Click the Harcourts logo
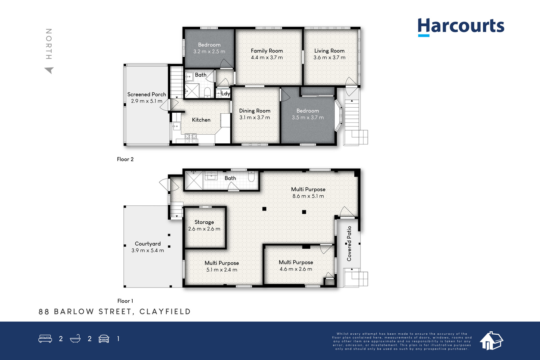pos(461,27)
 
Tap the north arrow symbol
pos(50,70)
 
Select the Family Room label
pos(267,51)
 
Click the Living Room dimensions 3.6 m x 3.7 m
pos(329,58)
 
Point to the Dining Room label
pos(254,111)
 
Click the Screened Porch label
pos(146,94)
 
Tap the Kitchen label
pos(201,120)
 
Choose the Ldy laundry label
pos(226,93)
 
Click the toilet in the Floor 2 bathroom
pos(207,92)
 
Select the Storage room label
pos(204,222)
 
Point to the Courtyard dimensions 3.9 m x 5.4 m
pos(147,250)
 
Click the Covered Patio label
pos(349,244)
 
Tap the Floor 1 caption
pos(125,301)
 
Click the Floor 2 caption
pos(125,159)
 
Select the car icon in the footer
pos(104,339)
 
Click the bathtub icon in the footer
pos(75,338)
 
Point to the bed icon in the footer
pos(45,338)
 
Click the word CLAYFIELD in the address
pos(165,311)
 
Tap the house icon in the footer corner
pos(491,341)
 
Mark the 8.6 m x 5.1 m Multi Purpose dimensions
pos(308,196)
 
